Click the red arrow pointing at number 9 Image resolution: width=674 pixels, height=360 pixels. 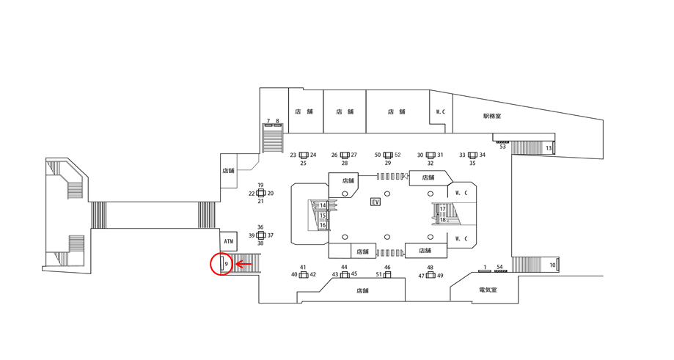tap(243, 263)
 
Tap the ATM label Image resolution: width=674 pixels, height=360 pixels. tap(228, 241)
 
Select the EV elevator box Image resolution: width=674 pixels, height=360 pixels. tap(376, 202)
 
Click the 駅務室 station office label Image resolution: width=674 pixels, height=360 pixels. tap(492, 116)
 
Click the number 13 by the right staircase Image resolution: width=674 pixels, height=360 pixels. tap(549, 149)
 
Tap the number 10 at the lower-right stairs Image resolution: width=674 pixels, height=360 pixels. tap(552, 264)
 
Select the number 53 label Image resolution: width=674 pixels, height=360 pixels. tap(502, 147)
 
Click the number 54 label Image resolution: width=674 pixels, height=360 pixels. tap(500, 267)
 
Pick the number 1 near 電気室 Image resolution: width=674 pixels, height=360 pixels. tap(484, 267)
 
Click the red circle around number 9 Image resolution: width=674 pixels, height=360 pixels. tap(221, 264)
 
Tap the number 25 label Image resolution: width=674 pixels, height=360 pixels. tap(304, 164)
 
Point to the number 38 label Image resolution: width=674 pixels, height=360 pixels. tap(260, 243)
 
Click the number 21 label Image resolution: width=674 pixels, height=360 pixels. tap(260, 201)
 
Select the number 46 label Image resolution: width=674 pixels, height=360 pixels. tap(387, 268)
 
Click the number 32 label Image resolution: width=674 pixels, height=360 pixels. tap(431, 164)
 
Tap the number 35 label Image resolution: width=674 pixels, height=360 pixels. tap(472, 164)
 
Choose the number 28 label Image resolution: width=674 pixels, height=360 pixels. tap(345, 164)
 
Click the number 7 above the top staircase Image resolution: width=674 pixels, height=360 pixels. tap(268, 121)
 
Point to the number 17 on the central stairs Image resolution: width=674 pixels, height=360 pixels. tap(442, 209)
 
